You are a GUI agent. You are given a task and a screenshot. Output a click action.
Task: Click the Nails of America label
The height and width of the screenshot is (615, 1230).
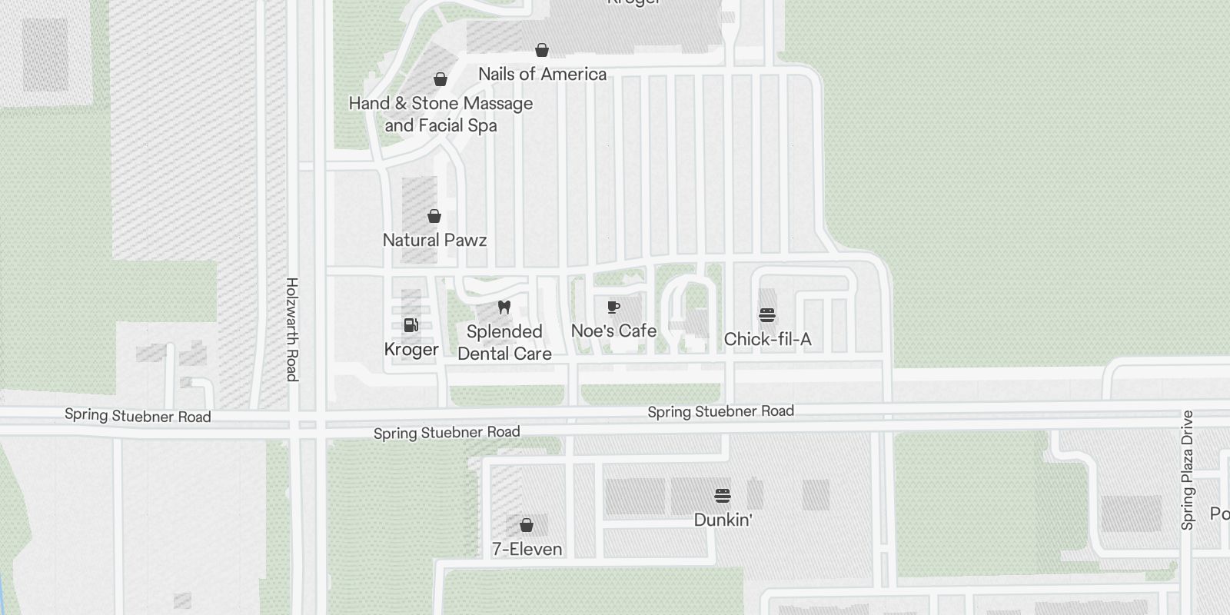542,74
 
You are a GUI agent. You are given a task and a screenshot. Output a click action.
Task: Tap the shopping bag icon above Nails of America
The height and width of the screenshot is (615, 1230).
542,50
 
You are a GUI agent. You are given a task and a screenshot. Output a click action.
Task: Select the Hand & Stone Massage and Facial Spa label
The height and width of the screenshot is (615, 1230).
440,114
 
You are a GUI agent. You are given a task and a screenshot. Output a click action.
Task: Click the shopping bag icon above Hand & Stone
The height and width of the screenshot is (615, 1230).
440,79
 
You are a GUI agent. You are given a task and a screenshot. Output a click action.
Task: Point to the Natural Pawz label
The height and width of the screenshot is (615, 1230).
434,240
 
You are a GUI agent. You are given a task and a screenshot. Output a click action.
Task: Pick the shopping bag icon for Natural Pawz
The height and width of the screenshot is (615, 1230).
434,216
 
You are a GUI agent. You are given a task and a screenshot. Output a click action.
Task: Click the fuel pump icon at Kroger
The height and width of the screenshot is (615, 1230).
411,325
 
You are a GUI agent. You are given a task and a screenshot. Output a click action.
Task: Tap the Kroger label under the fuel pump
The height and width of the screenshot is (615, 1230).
411,350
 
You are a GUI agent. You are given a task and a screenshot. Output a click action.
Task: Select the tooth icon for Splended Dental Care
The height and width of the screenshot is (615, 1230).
504,307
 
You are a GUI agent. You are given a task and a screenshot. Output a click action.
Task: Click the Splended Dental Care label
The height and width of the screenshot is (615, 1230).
504,343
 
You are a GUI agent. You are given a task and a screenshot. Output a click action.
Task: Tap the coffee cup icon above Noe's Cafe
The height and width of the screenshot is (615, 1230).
613,307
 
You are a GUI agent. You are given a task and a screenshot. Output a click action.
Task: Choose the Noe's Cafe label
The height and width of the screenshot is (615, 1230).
613,331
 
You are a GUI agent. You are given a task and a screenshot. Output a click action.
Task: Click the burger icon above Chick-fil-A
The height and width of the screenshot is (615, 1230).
767,315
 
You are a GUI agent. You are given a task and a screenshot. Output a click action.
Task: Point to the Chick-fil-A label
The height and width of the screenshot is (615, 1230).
767,339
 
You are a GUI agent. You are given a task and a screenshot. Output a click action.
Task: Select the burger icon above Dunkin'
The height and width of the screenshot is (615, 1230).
723,495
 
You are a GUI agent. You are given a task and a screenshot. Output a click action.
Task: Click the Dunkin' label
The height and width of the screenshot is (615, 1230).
723,520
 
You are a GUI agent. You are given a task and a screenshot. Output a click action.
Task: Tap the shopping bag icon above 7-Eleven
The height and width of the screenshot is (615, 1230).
527,525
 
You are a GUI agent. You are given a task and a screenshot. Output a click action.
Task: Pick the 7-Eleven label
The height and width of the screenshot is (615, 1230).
527,549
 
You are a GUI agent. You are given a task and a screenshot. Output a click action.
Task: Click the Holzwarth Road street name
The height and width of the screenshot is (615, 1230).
291,329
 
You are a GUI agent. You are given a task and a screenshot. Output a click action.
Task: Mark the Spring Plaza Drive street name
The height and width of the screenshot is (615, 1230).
1187,470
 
